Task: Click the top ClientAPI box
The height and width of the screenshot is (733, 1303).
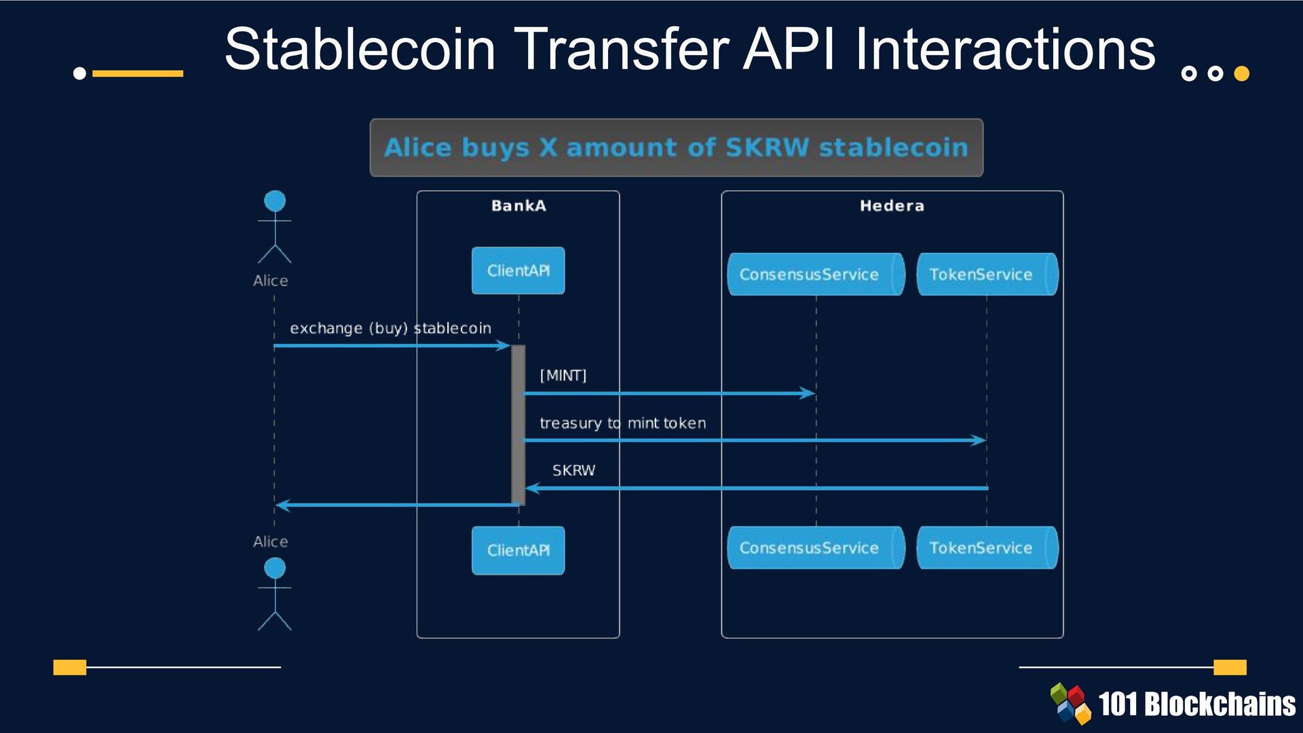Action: (x=518, y=271)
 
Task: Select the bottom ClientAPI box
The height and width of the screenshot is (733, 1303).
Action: (x=518, y=550)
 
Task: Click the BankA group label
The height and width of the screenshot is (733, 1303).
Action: (x=518, y=206)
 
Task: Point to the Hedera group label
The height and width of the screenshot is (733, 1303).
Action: (x=892, y=206)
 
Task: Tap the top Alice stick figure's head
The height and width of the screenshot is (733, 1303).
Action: (x=275, y=201)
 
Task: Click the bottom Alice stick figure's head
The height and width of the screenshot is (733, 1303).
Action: (x=275, y=568)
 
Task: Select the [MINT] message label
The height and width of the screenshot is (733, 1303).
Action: (x=563, y=375)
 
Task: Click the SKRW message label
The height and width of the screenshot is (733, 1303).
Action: (x=573, y=470)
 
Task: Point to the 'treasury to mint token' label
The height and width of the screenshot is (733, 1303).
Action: (x=622, y=424)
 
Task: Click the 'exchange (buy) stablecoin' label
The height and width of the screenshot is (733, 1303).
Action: (x=390, y=328)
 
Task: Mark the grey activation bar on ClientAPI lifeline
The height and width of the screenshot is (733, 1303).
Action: (x=518, y=425)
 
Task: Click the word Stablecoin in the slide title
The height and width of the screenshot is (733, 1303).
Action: (x=360, y=49)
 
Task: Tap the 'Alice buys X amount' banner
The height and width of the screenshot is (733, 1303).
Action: (x=676, y=148)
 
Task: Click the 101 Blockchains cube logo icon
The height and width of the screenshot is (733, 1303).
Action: (x=1070, y=703)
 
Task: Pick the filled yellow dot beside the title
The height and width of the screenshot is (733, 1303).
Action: (x=1241, y=73)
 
